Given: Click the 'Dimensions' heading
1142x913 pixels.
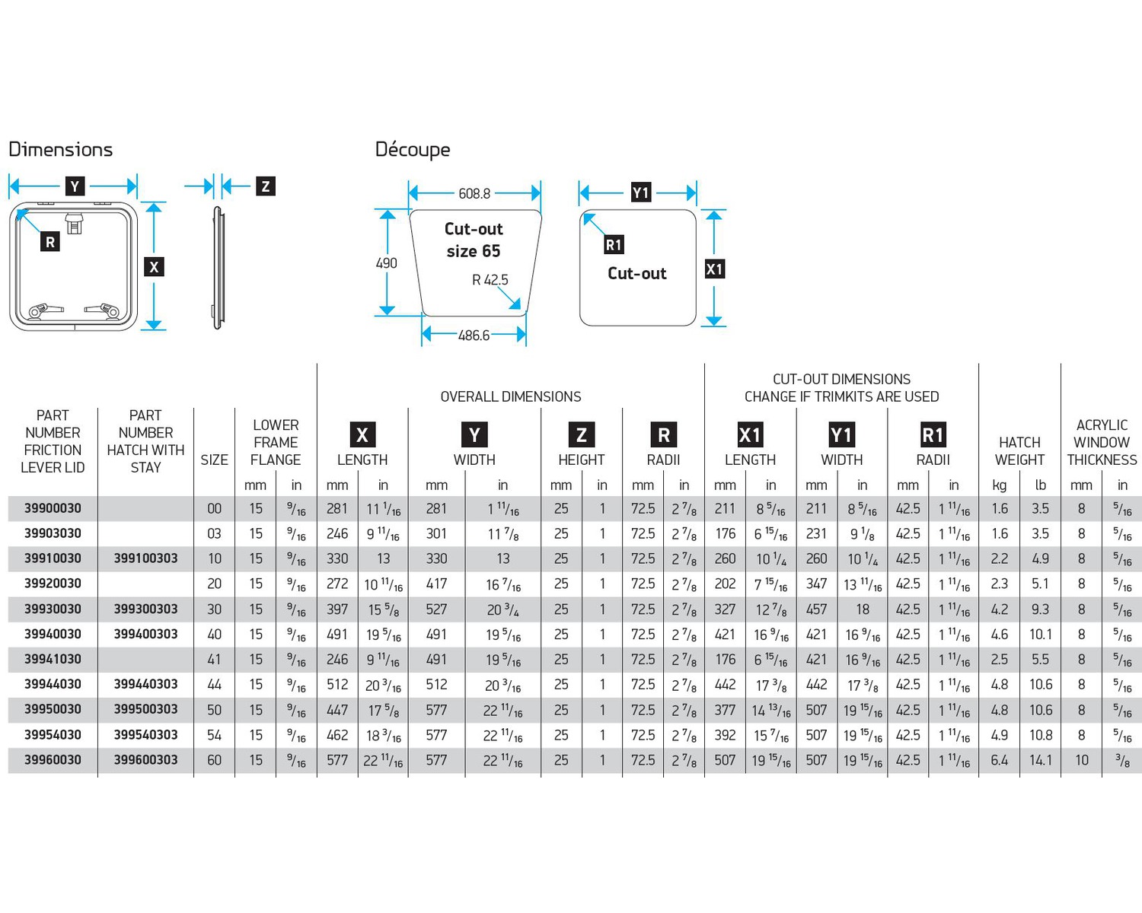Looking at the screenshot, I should [x=60, y=149].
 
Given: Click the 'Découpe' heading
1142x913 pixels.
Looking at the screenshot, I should [x=413, y=149].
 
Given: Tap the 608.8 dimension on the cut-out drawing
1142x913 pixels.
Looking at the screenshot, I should [x=474, y=193].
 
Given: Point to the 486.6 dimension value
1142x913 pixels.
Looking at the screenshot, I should [x=474, y=335].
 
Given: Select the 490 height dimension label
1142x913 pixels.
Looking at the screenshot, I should [x=386, y=263].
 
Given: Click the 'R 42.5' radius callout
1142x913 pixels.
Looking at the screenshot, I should [x=490, y=280].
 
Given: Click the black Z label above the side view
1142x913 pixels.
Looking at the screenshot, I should [x=265, y=186].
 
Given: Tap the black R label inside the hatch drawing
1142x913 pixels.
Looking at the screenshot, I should [x=50, y=242].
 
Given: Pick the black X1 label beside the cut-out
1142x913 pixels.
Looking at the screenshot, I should [x=714, y=269].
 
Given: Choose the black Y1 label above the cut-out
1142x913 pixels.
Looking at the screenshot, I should [x=640, y=192].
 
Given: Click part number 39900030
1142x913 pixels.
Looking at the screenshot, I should [x=53, y=508].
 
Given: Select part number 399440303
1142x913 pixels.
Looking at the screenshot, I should [x=145, y=684].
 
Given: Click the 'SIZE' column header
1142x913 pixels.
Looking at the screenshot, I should [x=214, y=460].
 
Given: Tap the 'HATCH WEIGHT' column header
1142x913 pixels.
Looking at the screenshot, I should [x=1019, y=451].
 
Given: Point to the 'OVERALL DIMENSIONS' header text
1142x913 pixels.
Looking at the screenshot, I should [x=510, y=396].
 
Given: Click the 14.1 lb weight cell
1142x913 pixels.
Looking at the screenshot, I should [x=1041, y=759].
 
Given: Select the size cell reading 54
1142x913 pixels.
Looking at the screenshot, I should [x=215, y=735].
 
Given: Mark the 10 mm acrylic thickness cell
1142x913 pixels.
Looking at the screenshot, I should [x=1081, y=759].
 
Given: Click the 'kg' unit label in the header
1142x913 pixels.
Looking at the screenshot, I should [x=1000, y=485].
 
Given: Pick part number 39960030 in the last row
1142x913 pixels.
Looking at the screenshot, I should [x=53, y=759].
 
